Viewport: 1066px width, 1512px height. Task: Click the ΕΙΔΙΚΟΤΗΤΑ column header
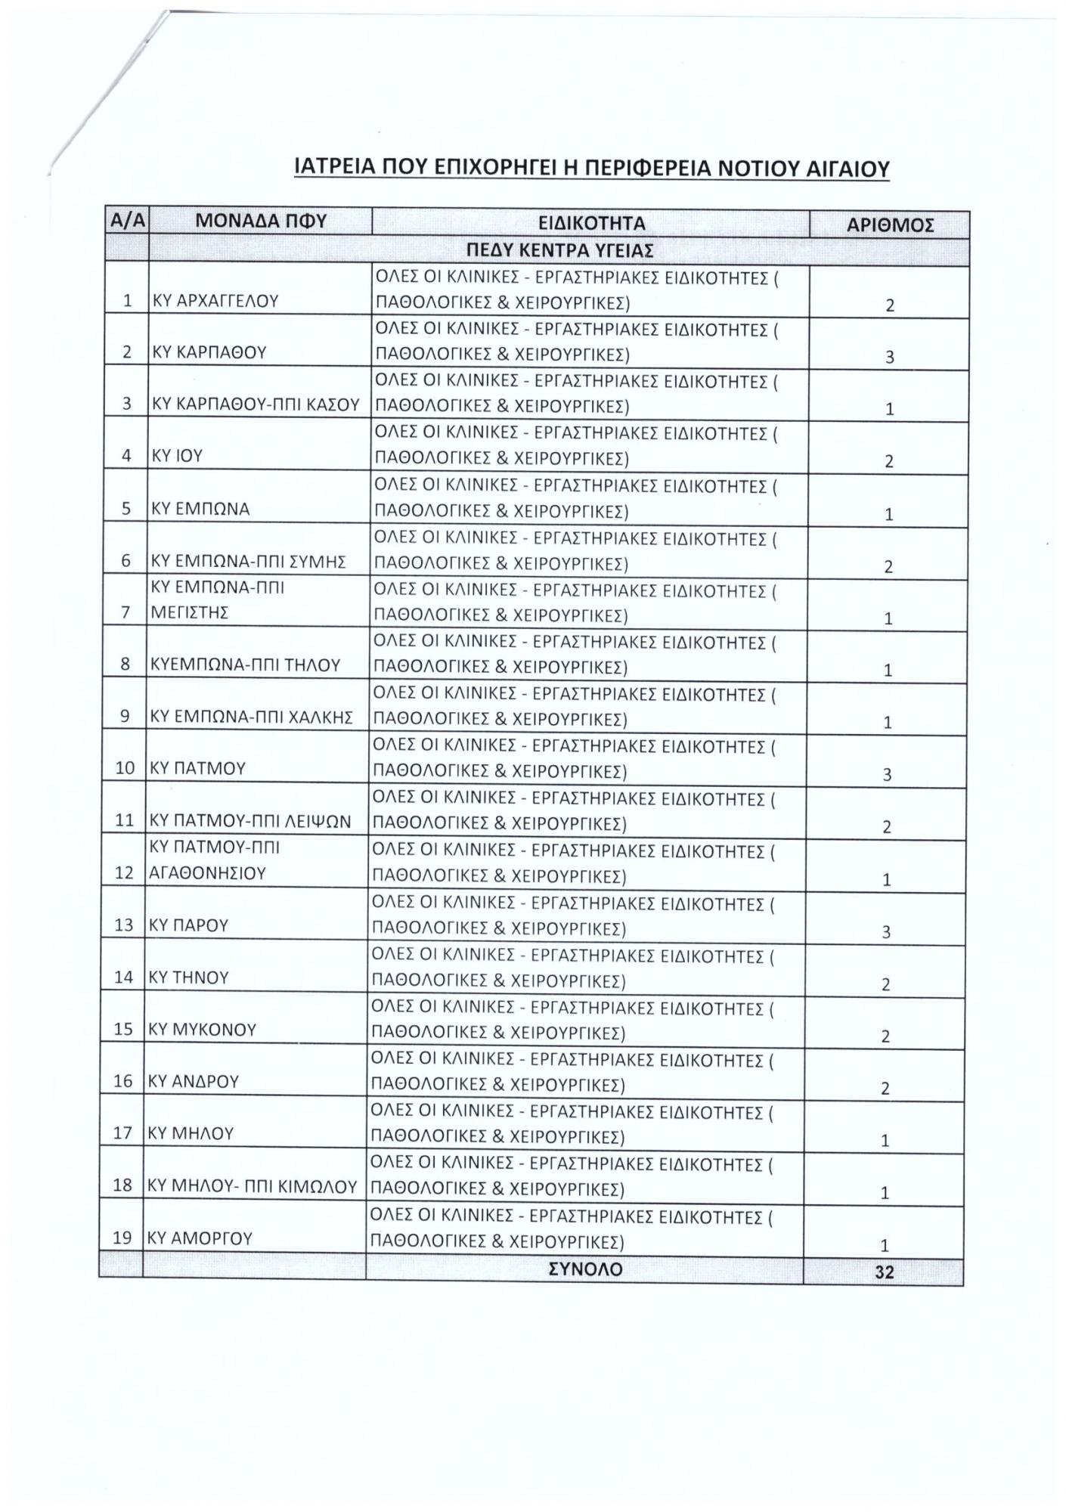(591, 224)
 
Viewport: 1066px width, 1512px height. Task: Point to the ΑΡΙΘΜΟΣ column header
(890, 225)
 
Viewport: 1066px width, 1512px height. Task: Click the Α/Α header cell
(128, 222)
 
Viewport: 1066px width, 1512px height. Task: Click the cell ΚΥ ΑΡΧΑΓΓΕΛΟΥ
(215, 301)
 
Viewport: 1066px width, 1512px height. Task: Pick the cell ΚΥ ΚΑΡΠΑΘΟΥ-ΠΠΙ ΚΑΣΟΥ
(256, 404)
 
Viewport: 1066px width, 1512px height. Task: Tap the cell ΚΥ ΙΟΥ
(178, 456)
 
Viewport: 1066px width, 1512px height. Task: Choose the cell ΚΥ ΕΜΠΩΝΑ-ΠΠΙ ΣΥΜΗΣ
(249, 561)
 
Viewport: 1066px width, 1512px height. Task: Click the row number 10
(126, 769)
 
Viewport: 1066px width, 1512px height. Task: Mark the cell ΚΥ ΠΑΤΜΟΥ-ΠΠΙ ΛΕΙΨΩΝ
(251, 821)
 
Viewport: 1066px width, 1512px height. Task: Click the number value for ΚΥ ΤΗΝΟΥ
(885, 984)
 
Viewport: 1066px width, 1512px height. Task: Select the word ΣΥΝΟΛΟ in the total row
(584, 1269)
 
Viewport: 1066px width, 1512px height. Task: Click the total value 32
(884, 1272)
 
